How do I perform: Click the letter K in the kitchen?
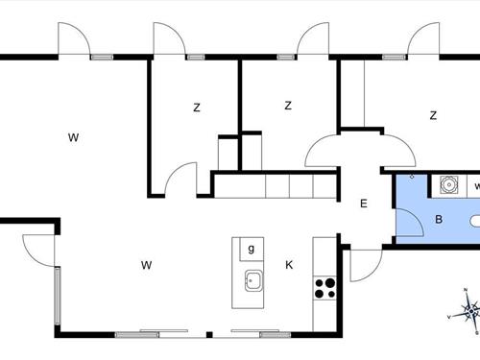click(288, 264)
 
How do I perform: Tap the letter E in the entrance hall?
click(363, 204)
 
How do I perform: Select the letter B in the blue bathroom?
click(438, 219)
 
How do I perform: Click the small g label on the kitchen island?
click(252, 250)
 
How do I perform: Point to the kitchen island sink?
click(253, 281)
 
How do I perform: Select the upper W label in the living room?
click(73, 138)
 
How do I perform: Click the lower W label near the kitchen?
click(146, 264)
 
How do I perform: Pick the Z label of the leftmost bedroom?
click(196, 108)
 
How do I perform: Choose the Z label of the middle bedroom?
click(287, 106)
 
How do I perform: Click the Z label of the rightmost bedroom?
click(433, 115)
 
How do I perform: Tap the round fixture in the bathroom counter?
click(447, 183)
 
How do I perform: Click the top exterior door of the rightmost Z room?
click(422, 40)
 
